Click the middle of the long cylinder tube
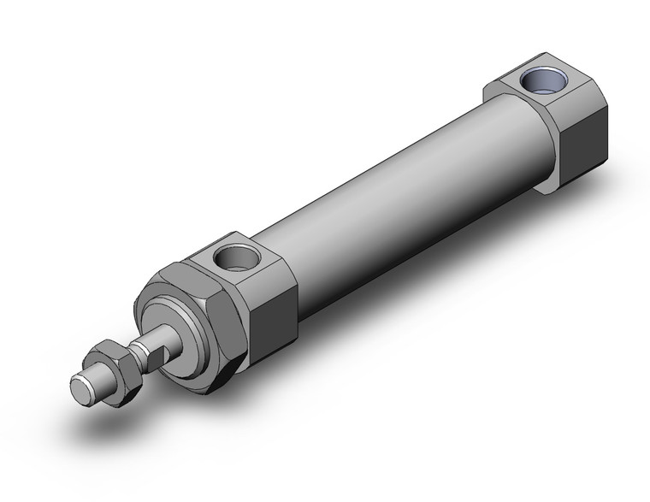[x=393, y=205]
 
